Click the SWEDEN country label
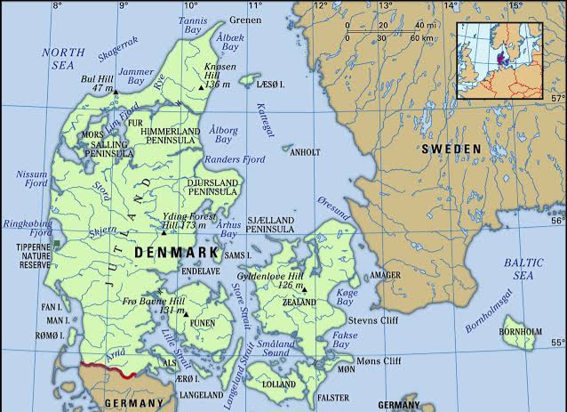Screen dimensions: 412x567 [451, 148]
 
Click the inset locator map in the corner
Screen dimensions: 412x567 [510, 60]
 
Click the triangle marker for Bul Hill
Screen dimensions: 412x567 [116, 90]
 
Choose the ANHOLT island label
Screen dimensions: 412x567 [305, 152]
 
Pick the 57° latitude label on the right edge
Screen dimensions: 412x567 [558, 98]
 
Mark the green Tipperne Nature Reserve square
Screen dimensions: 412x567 [57, 243]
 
